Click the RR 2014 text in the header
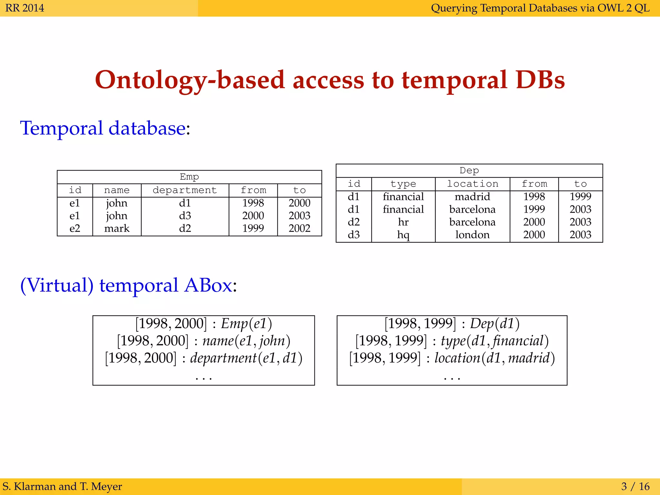(25, 8)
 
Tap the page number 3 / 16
(635, 486)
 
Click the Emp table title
(189, 177)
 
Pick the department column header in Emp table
(185, 190)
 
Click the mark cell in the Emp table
(117, 228)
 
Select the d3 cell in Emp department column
(185, 215)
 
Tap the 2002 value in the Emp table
(299, 228)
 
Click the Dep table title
(469, 170)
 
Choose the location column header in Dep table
(472, 184)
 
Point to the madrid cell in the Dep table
(472, 196)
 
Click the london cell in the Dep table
(472, 235)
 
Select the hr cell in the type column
(403, 222)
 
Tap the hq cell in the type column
(403, 235)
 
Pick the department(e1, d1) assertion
(246, 358)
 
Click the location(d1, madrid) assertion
(494, 358)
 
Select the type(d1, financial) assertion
(494, 341)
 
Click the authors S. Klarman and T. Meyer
(62, 486)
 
